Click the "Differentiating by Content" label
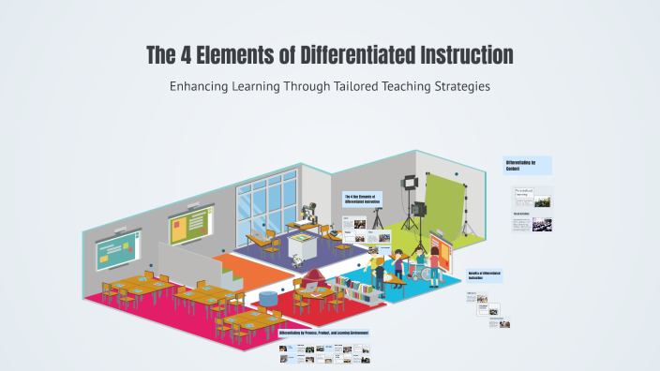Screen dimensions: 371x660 click(x=527, y=166)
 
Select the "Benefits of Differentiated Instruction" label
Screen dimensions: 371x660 click(x=486, y=275)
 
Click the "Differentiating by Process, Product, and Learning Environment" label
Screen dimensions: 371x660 click(x=324, y=333)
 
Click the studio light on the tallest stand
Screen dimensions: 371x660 click(x=410, y=185)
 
